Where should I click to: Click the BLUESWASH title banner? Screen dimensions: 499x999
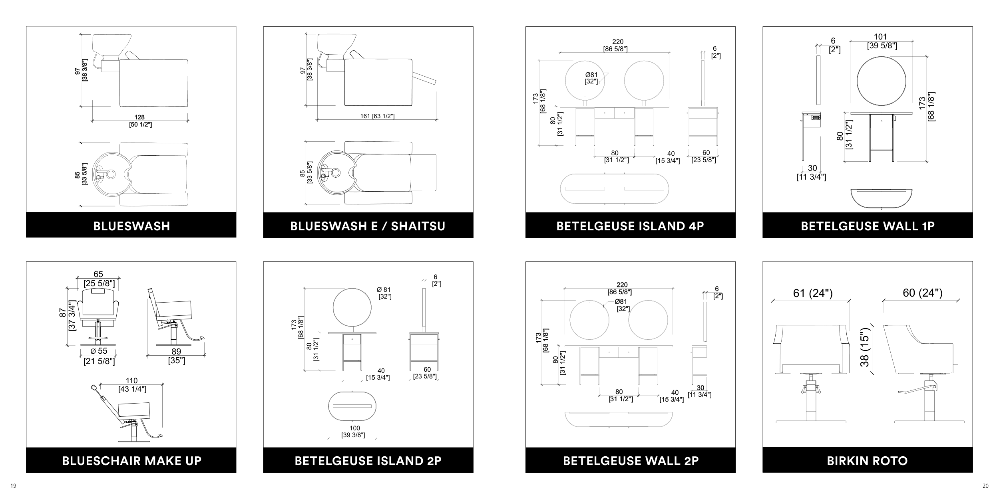tap(131, 226)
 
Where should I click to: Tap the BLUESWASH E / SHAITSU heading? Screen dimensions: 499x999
tap(368, 226)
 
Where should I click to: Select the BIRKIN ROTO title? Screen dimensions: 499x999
tap(867, 461)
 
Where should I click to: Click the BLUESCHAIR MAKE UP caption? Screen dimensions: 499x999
tap(131, 461)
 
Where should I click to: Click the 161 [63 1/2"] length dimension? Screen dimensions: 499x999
tap(377, 116)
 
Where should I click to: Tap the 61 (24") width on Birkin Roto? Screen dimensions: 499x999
tap(813, 293)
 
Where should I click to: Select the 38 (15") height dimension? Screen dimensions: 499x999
tap(864, 347)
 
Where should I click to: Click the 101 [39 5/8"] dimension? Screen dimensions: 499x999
tap(882, 42)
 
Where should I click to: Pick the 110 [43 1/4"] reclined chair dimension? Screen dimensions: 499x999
tap(132, 385)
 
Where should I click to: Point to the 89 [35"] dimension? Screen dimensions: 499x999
tap(176, 356)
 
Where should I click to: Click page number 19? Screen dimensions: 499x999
tap(13, 486)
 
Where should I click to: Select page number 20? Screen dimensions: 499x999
tap(985, 486)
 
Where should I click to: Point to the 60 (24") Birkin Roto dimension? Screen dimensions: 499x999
tap(922, 293)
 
